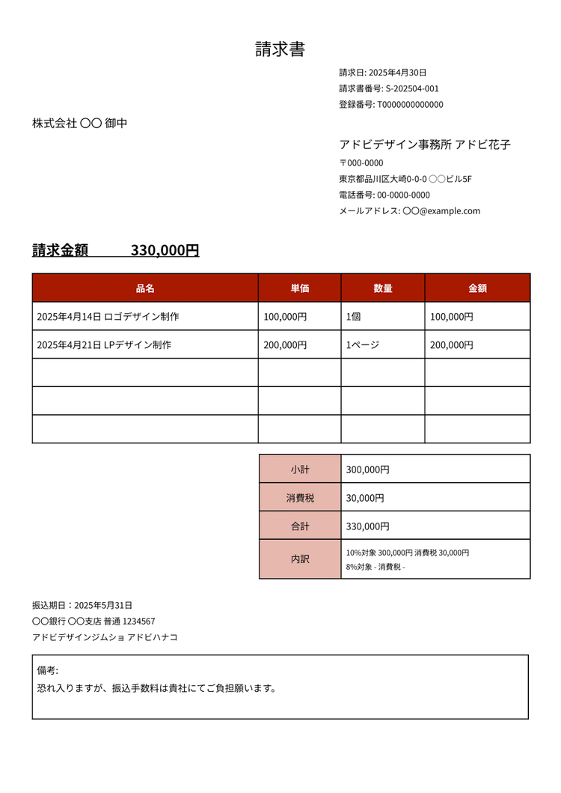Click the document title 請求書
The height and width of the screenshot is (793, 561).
pos(280,49)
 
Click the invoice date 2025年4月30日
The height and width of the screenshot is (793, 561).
pos(398,73)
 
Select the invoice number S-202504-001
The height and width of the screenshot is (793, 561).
pos(412,88)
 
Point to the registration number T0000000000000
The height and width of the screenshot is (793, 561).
pos(410,105)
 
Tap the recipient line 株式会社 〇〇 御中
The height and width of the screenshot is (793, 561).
pos(79,123)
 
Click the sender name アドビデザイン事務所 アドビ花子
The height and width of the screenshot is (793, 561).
pos(425,145)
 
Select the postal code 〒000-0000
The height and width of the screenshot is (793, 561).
pos(361,163)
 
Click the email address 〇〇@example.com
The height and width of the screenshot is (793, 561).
pos(441,211)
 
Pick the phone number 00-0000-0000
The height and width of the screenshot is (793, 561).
pos(403,195)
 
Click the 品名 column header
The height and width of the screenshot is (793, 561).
pos(145,288)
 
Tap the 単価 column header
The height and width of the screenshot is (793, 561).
pos(300,288)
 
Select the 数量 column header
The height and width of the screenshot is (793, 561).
pos(383,288)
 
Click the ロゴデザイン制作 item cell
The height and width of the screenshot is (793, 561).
pos(141,317)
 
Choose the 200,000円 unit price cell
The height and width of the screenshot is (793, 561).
pos(285,345)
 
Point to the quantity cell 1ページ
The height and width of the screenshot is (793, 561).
pos(363,345)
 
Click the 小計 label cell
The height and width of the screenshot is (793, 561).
pos(300,470)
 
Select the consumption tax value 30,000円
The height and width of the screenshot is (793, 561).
pos(365,498)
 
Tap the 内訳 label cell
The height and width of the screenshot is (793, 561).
pos(300,559)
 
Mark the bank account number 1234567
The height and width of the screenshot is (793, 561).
pos(139,622)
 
